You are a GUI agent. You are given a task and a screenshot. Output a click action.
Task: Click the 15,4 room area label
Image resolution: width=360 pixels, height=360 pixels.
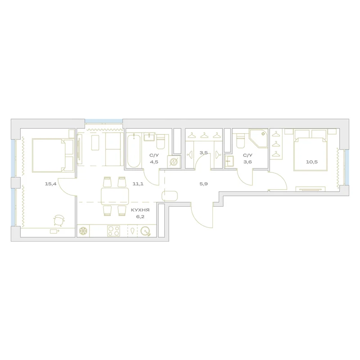[50, 184]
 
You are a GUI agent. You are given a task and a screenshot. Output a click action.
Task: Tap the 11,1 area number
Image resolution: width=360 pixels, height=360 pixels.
[138, 184]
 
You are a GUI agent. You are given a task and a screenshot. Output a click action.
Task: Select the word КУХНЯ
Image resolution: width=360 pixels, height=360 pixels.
[140, 210]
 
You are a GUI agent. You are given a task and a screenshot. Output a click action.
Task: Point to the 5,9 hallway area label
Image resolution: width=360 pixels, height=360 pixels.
[204, 184]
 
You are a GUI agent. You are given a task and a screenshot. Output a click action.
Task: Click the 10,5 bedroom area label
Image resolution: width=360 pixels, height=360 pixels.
[312, 162]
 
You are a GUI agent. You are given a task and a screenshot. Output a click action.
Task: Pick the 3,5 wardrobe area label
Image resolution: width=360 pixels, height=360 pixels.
[204, 153]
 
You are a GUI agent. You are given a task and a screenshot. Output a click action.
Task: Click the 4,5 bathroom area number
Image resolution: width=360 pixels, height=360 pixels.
[154, 162]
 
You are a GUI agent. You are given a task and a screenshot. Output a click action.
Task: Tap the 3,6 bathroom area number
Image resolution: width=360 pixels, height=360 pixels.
[247, 162]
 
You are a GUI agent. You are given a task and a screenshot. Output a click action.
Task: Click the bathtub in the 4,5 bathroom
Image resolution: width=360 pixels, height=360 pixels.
[134, 151]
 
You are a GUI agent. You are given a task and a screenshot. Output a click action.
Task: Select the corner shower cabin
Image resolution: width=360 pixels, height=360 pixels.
[258, 139]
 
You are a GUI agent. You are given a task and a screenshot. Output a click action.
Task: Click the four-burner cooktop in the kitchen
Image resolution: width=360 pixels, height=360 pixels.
[114, 231]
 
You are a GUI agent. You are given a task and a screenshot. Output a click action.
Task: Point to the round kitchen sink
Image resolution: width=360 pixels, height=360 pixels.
[145, 231]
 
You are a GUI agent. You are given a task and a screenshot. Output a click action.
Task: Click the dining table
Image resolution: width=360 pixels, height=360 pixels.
[115, 196]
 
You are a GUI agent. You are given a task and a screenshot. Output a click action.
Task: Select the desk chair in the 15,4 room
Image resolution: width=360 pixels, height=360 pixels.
[59, 220]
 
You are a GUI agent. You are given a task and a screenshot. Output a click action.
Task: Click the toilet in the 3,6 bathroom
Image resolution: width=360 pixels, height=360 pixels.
[241, 141]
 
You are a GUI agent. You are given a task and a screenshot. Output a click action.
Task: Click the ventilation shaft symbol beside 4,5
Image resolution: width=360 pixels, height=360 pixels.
[174, 162]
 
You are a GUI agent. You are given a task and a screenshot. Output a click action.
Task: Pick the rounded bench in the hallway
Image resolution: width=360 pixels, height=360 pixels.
[170, 196]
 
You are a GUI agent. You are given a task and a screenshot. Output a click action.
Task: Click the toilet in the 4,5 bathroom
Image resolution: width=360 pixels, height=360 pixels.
[161, 142]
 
